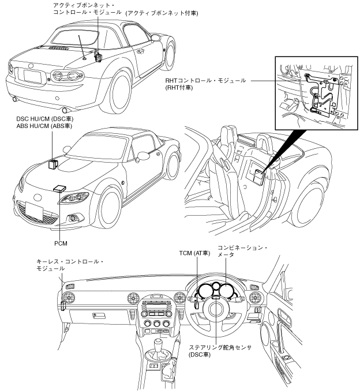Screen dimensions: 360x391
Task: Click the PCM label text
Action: tap(61, 243)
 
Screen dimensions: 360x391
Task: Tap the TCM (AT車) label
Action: tap(194, 253)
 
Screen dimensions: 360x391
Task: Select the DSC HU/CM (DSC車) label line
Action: tap(45, 119)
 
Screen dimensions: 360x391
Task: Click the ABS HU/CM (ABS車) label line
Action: tap(44, 126)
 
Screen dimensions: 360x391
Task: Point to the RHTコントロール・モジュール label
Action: tap(205, 81)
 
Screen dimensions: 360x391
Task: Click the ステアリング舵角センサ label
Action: tap(220, 347)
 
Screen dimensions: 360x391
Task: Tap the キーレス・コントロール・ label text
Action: tap(70, 262)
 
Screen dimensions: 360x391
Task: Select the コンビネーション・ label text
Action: tap(243, 248)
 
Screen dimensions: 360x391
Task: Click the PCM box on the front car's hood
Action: tap(60, 188)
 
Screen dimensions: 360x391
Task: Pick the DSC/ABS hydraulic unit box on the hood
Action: tap(53, 164)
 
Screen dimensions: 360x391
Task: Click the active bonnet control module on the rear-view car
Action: tap(97, 56)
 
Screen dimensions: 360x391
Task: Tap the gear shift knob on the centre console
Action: tap(159, 344)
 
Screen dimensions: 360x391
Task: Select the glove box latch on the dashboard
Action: tap(95, 315)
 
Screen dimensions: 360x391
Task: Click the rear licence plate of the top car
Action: tap(32, 76)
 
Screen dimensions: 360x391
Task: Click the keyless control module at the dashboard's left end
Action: tap(63, 306)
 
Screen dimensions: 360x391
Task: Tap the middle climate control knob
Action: tap(157, 324)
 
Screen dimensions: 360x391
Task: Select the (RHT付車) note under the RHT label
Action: tap(179, 88)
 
